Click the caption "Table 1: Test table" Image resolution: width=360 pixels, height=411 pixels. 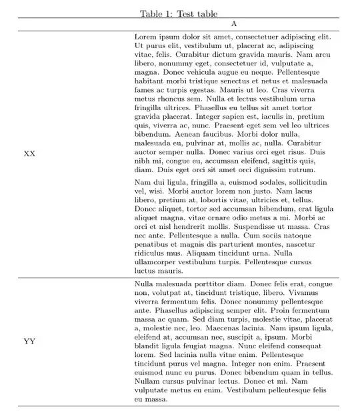pyautogui.click(x=179, y=13)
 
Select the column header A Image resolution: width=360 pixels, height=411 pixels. pyautogui.click(x=233, y=24)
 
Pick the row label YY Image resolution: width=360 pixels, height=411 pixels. pyautogui.click(x=29, y=342)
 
